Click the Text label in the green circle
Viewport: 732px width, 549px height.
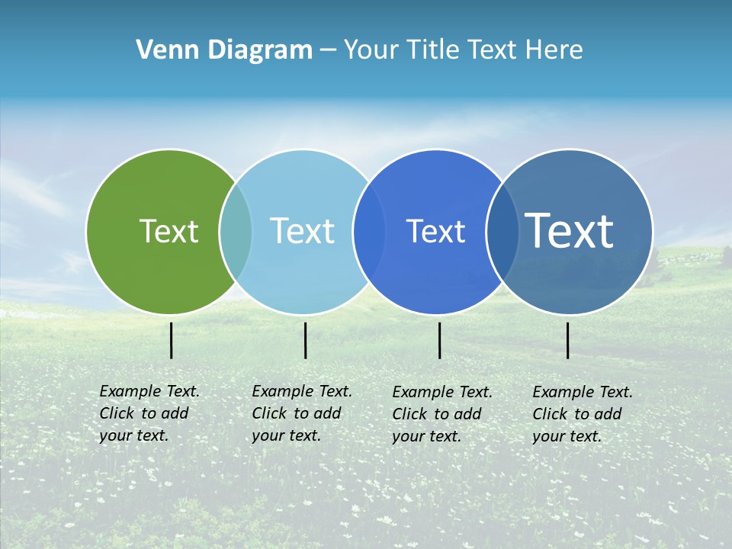click(x=169, y=231)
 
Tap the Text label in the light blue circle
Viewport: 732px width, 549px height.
click(x=302, y=231)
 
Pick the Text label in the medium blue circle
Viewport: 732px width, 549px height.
click(x=435, y=231)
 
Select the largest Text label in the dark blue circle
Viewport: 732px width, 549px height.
click(x=570, y=231)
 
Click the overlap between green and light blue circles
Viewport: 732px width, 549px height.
click(x=236, y=231)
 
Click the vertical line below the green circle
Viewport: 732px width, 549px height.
click(x=172, y=340)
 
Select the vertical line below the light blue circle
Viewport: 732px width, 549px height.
click(x=305, y=340)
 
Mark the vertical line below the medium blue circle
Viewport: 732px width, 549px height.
click(x=440, y=340)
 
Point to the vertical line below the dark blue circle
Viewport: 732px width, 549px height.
click(x=568, y=340)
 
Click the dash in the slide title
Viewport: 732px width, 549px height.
click(x=328, y=50)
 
